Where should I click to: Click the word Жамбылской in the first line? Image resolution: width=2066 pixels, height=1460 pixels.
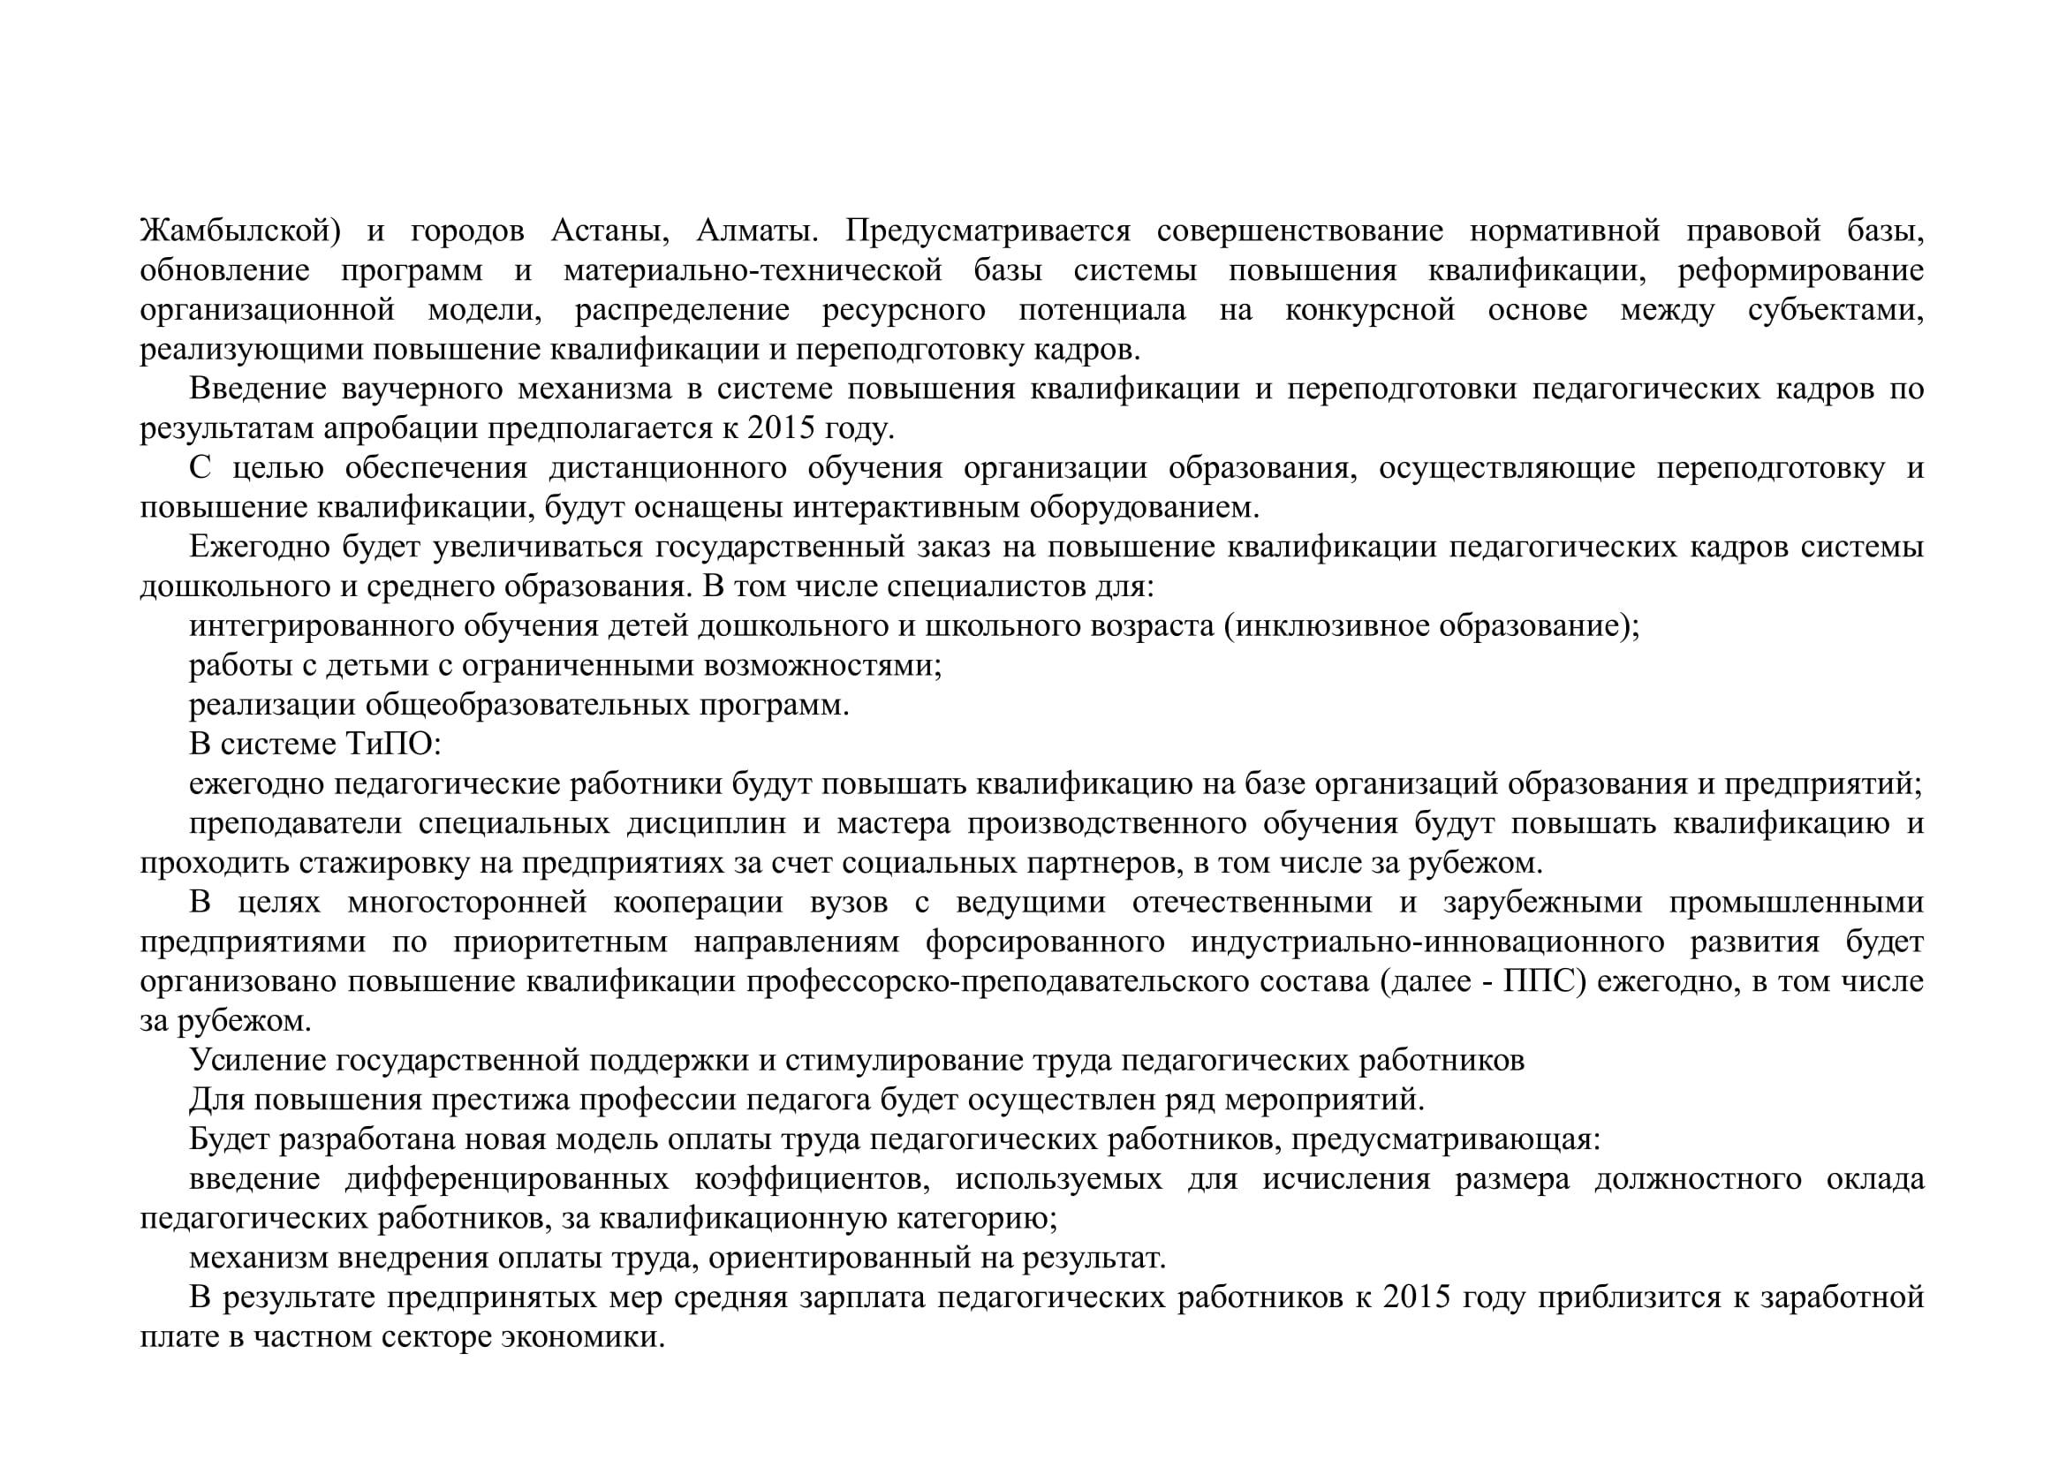(x=239, y=232)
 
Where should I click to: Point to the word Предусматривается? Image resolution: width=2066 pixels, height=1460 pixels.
(x=988, y=232)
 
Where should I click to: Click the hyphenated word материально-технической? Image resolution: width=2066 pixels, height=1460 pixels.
(x=753, y=272)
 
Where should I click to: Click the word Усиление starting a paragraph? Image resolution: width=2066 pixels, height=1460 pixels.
(x=257, y=1063)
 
